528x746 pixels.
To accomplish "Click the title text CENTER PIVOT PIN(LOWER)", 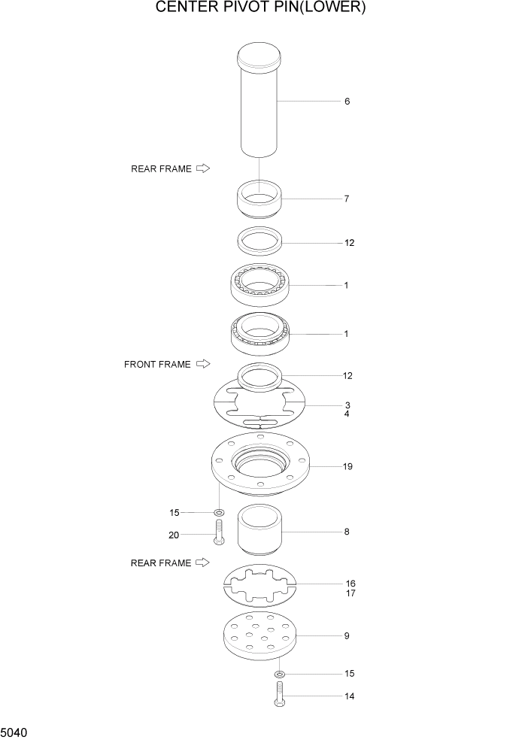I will click(260, 8).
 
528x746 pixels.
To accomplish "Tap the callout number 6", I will click(347, 102).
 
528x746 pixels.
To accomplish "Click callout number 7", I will click(346, 199).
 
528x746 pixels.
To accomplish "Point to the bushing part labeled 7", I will click(259, 199).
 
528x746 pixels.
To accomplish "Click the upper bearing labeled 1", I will click(259, 287).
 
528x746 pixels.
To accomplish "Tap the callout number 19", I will click(347, 467).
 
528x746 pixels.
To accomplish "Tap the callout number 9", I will click(347, 636).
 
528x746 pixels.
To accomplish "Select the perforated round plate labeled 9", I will click(259, 638).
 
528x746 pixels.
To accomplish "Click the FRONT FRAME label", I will click(157, 365).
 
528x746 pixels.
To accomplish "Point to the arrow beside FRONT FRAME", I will click(202, 365).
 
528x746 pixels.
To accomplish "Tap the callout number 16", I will click(350, 584).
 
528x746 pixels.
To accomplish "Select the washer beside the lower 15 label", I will click(279, 674).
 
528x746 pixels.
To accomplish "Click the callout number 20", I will click(174, 535).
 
